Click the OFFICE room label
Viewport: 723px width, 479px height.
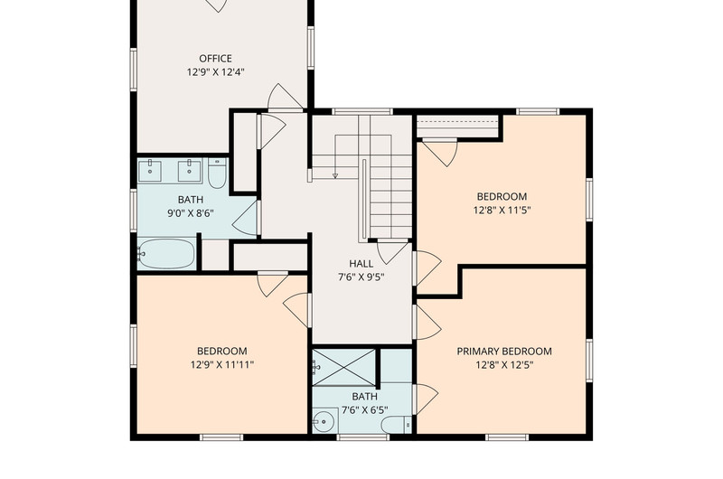[215, 59]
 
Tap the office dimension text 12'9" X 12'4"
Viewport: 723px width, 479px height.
[215, 72]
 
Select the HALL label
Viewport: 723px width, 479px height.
[361, 264]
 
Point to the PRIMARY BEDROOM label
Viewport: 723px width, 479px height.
[504, 352]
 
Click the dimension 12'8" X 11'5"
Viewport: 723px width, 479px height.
[502, 211]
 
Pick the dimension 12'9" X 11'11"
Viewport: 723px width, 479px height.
[222, 365]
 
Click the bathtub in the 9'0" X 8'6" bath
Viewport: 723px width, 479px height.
[166, 253]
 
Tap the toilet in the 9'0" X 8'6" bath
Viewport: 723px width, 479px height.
[217, 174]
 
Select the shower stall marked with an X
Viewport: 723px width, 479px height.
[344, 367]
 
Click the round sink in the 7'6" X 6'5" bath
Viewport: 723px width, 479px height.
[325, 421]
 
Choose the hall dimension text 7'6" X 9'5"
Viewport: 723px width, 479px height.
[361, 277]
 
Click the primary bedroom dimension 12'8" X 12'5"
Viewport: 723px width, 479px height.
[504, 365]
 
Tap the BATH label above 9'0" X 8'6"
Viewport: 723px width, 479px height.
[191, 200]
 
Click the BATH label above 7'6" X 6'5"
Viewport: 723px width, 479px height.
[365, 397]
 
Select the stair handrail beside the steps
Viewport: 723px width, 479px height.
[364, 200]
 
